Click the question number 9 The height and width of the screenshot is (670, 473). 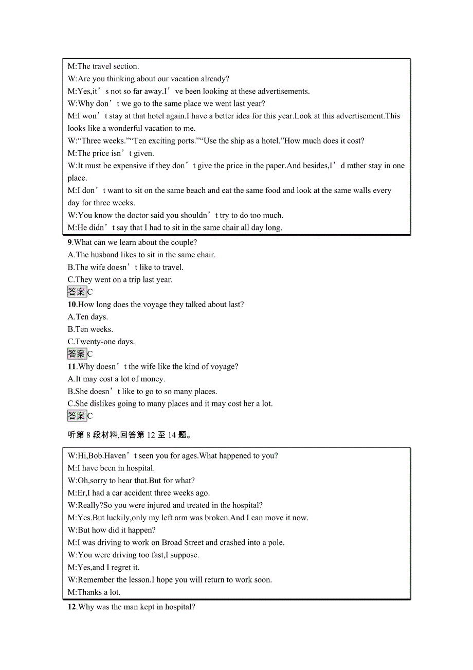(70, 242)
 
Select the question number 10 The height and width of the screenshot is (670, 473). (72, 305)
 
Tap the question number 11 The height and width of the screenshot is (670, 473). (72, 367)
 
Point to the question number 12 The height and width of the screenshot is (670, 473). (72, 607)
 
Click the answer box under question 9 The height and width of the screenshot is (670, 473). (77, 292)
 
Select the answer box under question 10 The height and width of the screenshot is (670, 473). (77, 354)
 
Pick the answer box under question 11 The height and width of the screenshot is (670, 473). (77, 416)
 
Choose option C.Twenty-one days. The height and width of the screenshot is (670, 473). (101, 342)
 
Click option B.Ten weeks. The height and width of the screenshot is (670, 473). (90, 329)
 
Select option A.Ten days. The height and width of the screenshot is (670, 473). (88, 317)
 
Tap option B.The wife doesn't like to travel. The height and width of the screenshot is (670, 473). (125, 267)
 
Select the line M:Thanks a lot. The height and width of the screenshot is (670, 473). (94, 592)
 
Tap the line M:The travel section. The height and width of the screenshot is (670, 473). (103, 66)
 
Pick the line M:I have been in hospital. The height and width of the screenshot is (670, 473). (111, 468)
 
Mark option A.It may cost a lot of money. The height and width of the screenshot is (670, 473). (116, 379)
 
